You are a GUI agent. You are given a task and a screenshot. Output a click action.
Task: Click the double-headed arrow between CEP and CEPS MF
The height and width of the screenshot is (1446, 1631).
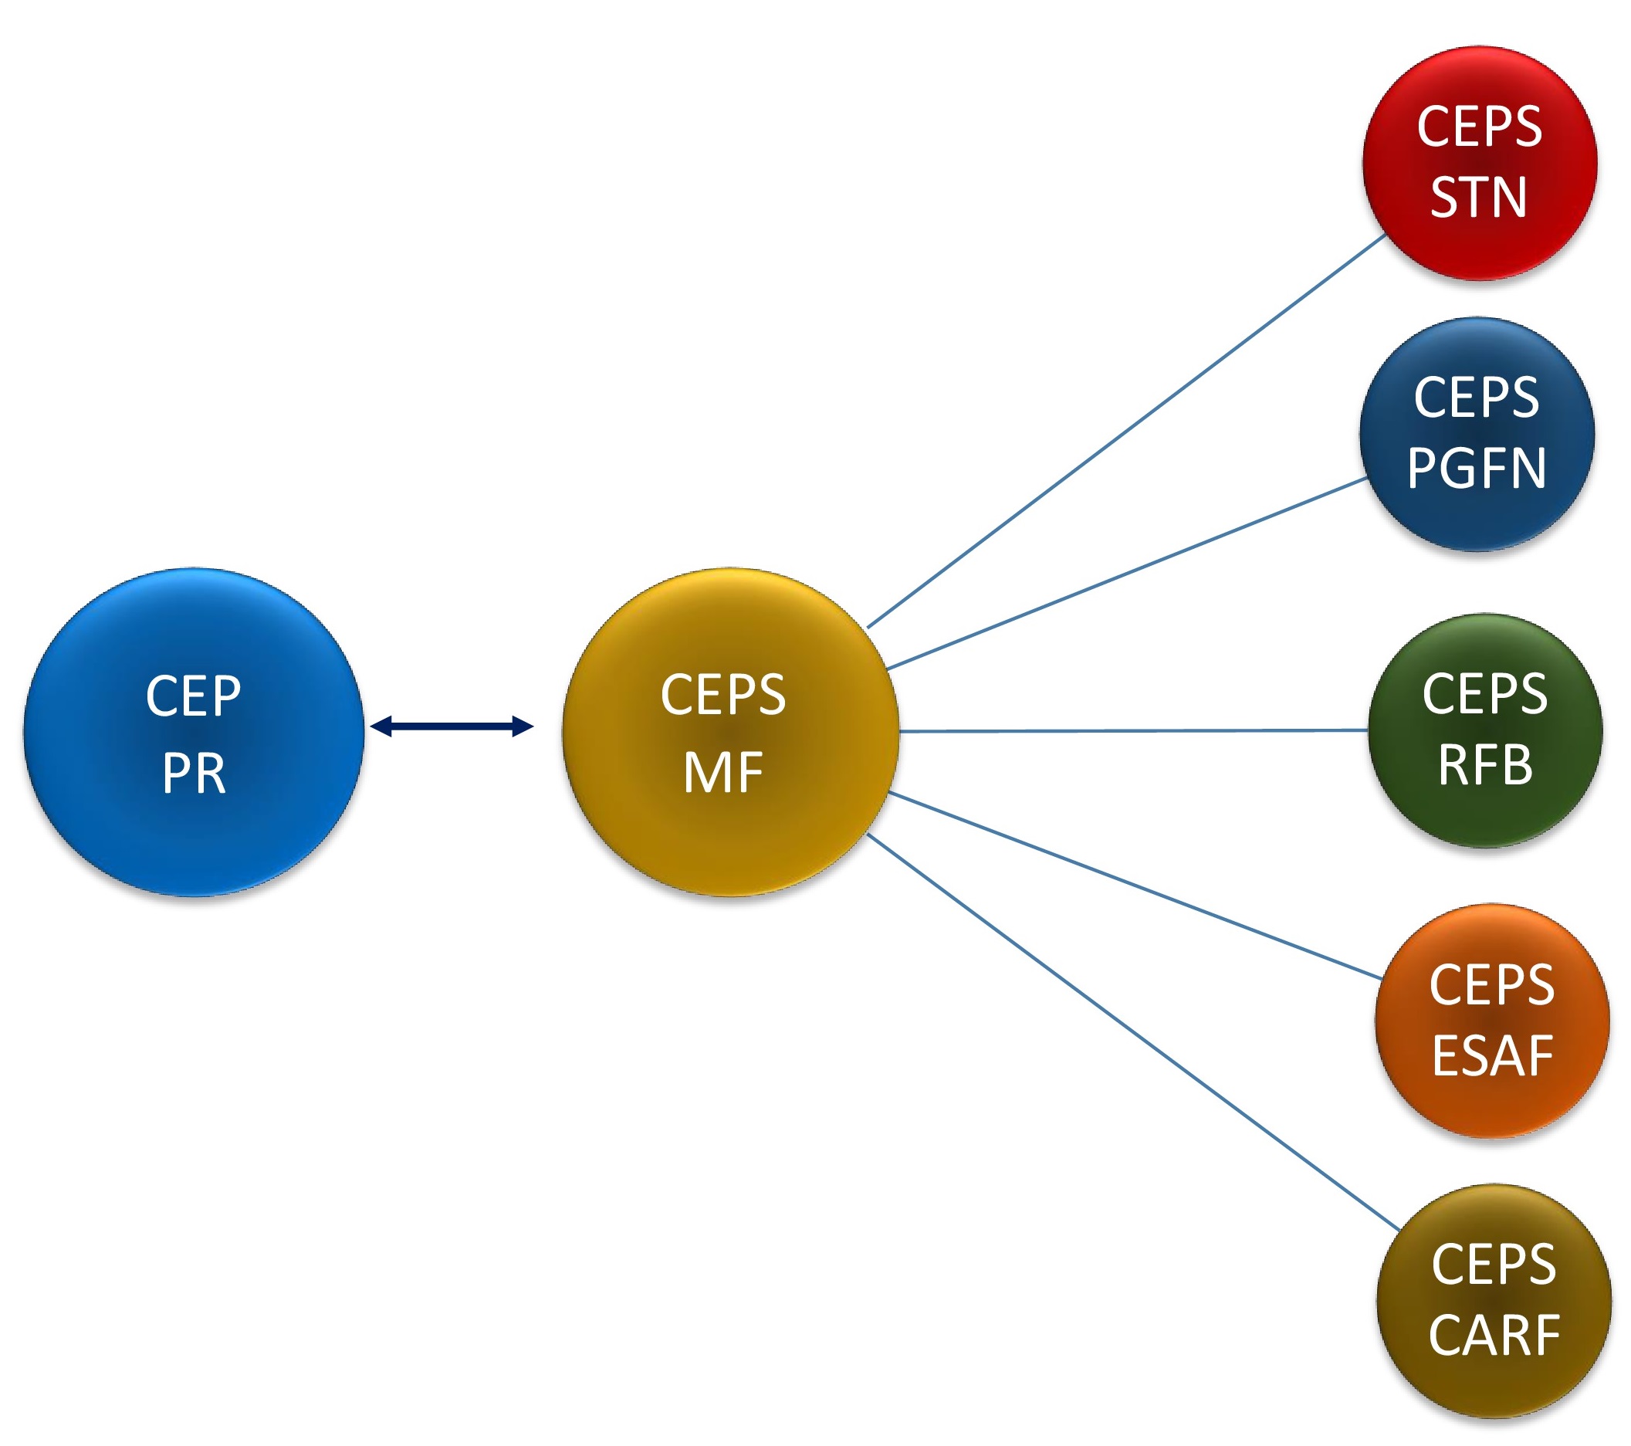click(452, 726)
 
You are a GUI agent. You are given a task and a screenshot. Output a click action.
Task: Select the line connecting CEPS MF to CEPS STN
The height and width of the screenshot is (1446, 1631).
click(1125, 432)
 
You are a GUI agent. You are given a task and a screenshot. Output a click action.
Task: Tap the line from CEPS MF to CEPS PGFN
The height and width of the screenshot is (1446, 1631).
click(1125, 574)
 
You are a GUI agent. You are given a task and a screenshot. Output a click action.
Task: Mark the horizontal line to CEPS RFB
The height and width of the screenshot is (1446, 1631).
click(1133, 730)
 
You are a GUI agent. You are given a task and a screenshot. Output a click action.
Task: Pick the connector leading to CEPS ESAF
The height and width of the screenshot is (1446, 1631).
click(1133, 884)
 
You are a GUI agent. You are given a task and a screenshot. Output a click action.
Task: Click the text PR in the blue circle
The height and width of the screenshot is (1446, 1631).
click(194, 773)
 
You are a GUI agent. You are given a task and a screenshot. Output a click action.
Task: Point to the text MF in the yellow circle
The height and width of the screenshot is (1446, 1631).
click(724, 772)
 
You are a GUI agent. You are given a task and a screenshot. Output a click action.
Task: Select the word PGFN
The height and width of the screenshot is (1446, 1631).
click(1477, 468)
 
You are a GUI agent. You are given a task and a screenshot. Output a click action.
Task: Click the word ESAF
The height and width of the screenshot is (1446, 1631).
click(1492, 1056)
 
